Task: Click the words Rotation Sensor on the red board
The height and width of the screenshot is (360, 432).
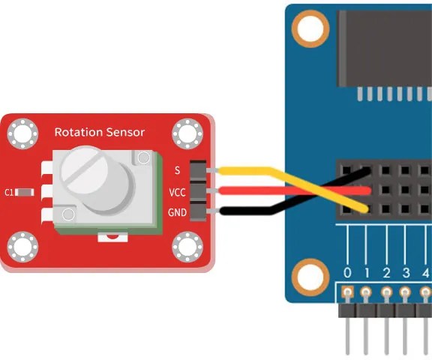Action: (100, 132)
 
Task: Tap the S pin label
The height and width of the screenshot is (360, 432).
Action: (178, 170)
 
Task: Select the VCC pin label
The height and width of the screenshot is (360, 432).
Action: (177, 192)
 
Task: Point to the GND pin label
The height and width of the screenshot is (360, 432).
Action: (177, 212)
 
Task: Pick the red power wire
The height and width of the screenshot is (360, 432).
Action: (295, 190)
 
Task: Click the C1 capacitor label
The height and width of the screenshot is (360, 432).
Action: (9, 192)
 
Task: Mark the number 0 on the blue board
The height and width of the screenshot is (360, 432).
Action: (347, 273)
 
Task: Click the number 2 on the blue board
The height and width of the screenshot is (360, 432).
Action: (386, 273)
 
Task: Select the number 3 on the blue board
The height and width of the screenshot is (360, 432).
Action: (406, 273)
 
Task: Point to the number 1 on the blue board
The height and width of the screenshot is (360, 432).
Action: (367, 273)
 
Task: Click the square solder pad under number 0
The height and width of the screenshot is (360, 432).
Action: (348, 292)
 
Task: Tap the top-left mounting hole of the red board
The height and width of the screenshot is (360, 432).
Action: (22, 133)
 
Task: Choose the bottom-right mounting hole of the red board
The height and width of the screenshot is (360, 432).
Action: (187, 247)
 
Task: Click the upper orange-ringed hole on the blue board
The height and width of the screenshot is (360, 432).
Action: (310, 28)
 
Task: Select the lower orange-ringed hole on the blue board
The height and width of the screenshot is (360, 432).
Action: (310, 277)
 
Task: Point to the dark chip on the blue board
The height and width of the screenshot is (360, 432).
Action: (385, 49)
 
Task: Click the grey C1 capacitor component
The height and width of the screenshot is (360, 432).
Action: (25, 192)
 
